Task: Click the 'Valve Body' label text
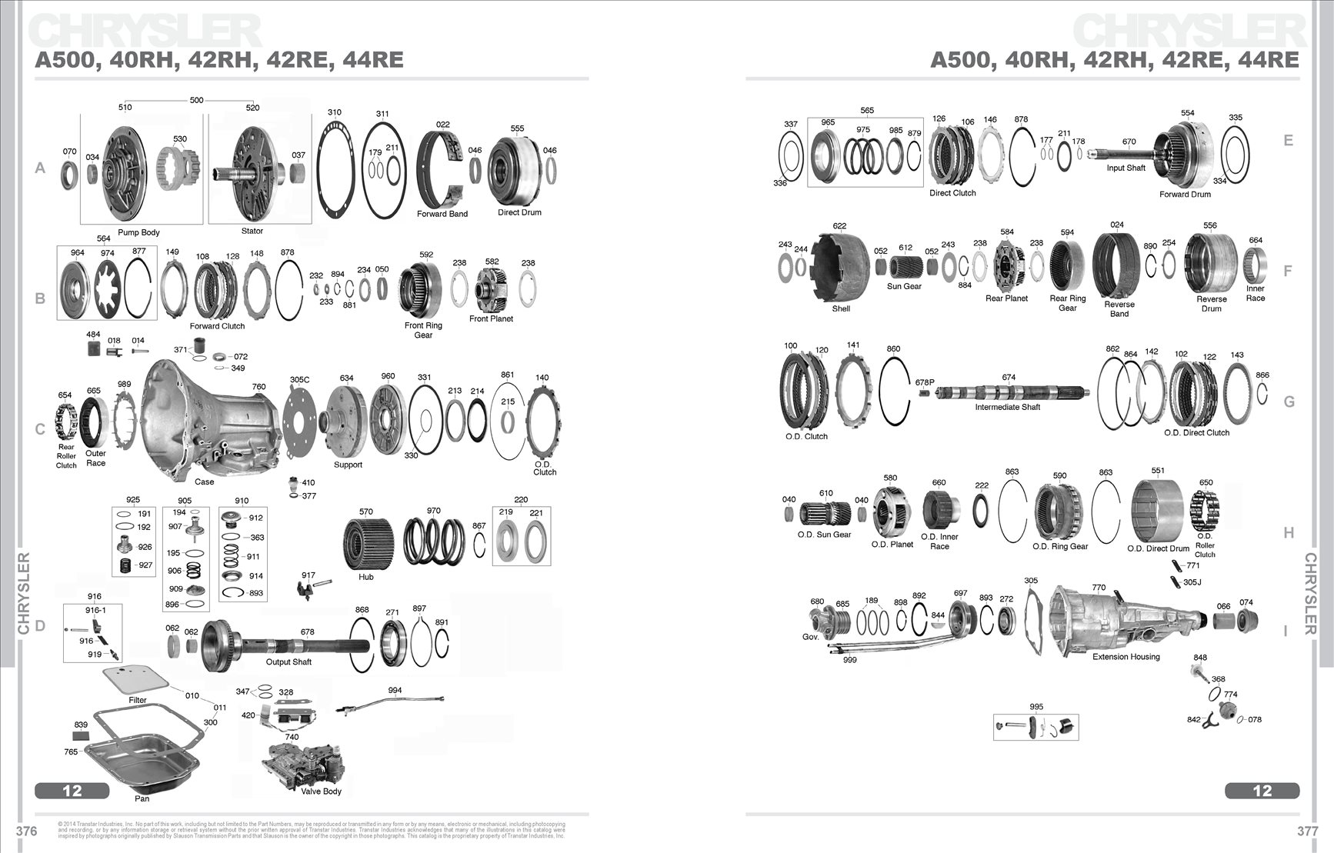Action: [x=321, y=791]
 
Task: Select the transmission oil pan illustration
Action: [x=142, y=761]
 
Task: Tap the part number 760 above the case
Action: [x=258, y=387]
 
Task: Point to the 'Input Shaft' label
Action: [x=1126, y=168]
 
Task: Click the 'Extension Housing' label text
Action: [x=1126, y=657]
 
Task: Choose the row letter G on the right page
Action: [x=1289, y=402]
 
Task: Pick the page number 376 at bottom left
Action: [x=26, y=831]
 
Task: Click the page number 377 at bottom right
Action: [x=1307, y=831]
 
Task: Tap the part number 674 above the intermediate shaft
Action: [x=1009, y=377]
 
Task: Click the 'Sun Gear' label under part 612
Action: [x=904, y=286]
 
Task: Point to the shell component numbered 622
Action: [x=840, y=269]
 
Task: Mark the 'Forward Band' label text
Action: [x=442, y=214]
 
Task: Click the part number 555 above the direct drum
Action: [x=517, y=128]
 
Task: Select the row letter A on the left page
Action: [x=40, y=168]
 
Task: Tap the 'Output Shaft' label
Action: [x=288, y=661]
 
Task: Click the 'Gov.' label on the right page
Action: [x=810, y=637]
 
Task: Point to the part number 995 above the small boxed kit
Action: [x=1036, y=707]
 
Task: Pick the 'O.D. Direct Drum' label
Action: [x=1158, y=548]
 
